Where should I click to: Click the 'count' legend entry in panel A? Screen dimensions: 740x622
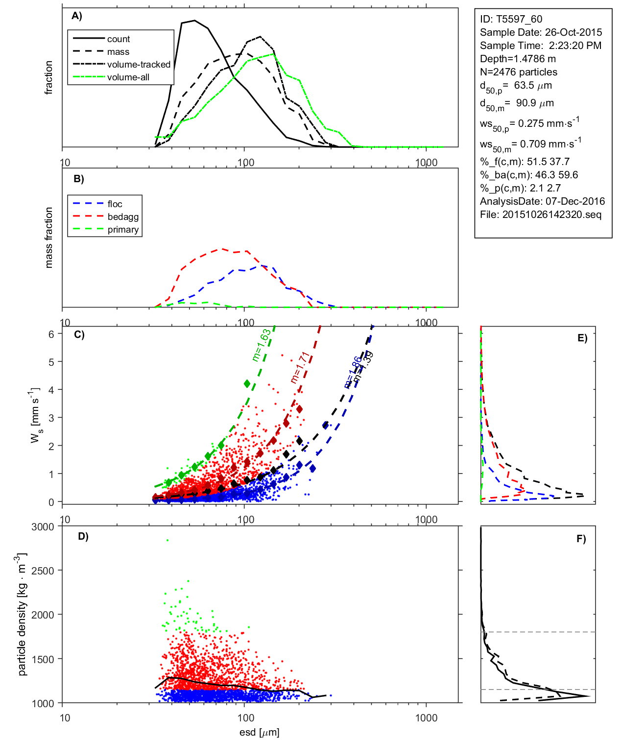[119, 39]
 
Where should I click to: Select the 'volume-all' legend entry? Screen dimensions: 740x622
[128, 77]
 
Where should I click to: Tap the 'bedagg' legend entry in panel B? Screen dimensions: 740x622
[123, 217]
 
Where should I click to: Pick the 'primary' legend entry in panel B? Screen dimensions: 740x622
[123, 230]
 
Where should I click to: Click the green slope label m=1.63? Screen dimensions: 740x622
[262, 345]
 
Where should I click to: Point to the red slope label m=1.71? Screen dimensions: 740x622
[300, 367]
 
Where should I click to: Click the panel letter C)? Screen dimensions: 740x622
[79, 335]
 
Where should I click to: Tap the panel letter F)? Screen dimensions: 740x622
[581, 539]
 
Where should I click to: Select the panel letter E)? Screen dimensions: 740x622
[582, 338]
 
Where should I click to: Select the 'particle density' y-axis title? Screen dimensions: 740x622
[22, 615]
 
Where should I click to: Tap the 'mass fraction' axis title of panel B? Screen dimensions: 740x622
[49, 238]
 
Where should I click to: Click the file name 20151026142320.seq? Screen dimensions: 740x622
[551, 215]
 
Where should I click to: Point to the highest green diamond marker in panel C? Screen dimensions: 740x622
[247, 383]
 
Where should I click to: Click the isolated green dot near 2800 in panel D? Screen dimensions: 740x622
[167, 540]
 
